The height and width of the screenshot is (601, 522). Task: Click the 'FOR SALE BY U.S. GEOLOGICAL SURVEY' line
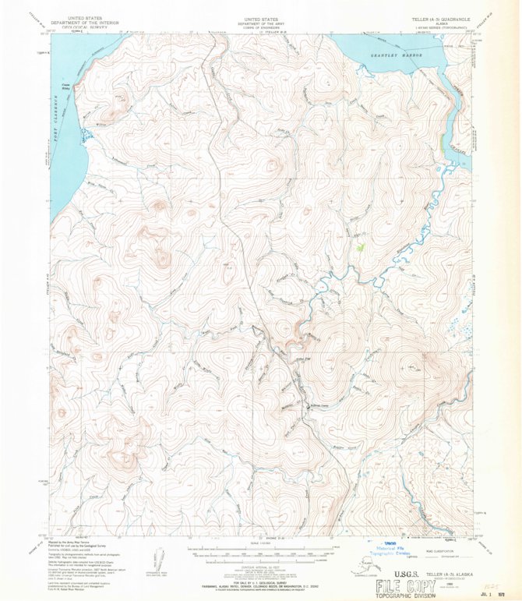tap(261, 581)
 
